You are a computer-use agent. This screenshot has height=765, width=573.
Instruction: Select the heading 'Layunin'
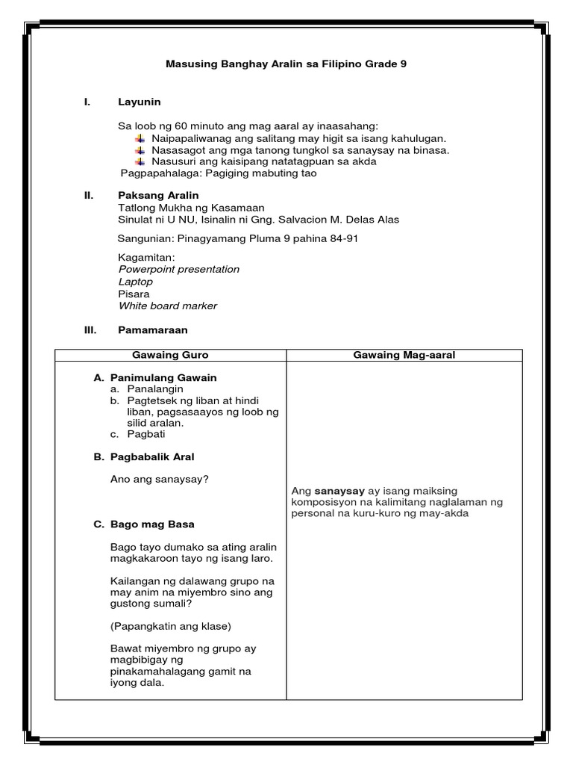140,102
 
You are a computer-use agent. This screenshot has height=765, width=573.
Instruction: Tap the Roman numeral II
89,196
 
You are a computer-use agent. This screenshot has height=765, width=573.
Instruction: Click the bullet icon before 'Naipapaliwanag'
140,138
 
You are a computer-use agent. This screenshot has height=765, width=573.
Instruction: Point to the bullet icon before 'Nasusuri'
140,161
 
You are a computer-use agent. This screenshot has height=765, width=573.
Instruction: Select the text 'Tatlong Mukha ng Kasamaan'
191,208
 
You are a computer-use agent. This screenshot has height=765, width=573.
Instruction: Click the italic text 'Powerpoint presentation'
179,269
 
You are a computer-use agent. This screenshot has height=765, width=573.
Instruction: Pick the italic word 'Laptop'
136,282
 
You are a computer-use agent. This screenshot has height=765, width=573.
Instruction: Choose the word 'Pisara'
134,294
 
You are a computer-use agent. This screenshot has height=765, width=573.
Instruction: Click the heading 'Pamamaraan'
153,329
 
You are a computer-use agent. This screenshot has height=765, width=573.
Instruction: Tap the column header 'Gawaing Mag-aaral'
404,355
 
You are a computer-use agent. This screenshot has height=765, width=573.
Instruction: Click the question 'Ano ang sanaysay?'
158,479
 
